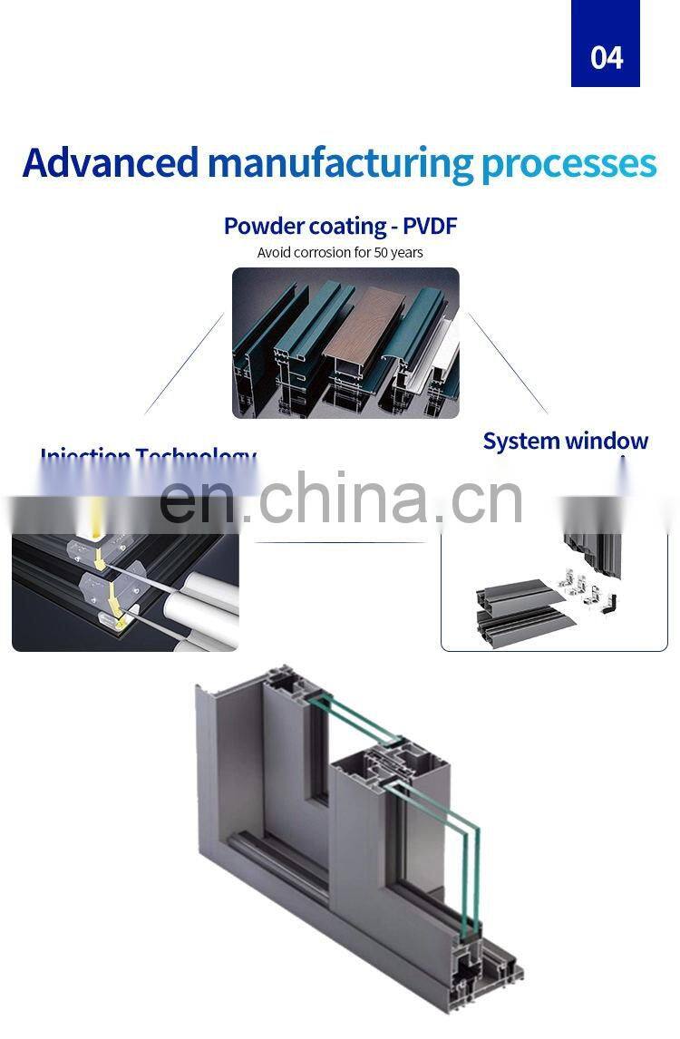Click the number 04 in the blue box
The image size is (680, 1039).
(607, 57)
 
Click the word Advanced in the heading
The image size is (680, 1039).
(110, 163)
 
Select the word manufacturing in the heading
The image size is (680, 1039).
(340, 163)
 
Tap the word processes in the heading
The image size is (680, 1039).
(568, 163)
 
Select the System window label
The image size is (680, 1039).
(565, 442)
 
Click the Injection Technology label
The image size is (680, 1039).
(148, 457)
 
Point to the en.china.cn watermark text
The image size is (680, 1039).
(341, 500)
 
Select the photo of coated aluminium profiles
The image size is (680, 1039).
(345, 343)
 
